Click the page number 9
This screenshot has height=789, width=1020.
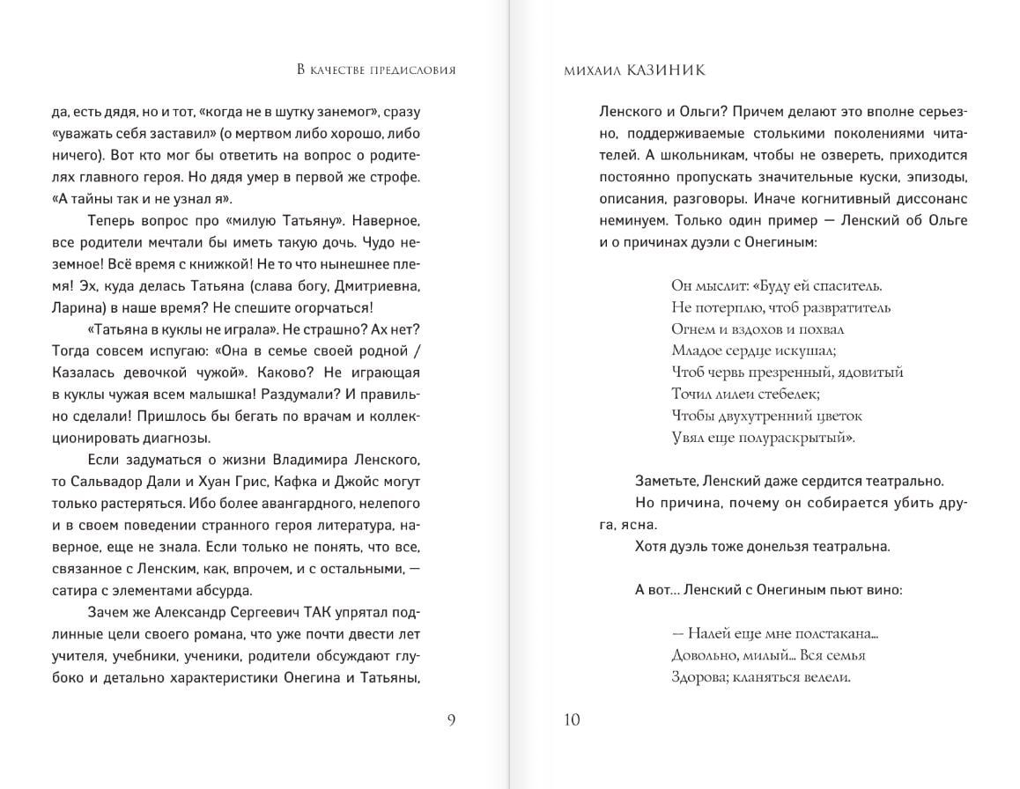click(x=451, y=719)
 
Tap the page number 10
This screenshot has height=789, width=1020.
click(x=571, y=719)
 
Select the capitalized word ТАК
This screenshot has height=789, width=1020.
click(x=295, y=612)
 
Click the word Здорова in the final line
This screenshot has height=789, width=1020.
click(x=698, y=676)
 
